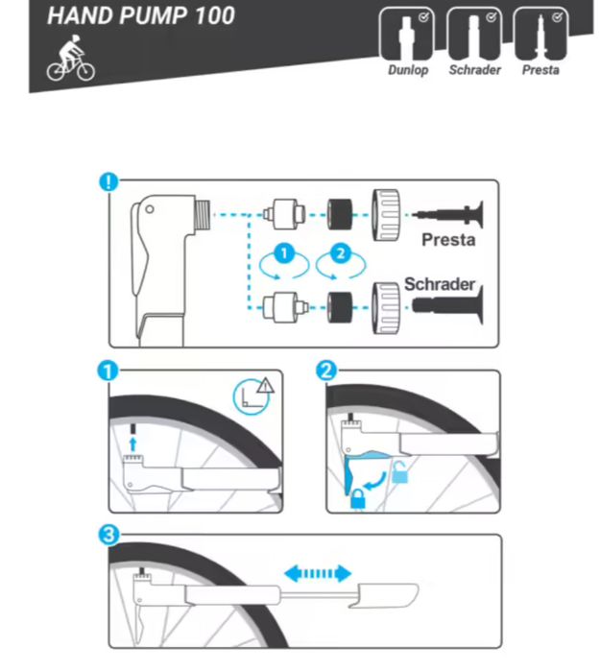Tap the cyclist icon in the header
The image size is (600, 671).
70,60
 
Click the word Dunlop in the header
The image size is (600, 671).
407,71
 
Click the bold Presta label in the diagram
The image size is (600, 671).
447,240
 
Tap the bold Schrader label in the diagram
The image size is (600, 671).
441,285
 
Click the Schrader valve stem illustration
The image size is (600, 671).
451,306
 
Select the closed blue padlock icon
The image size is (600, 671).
357,498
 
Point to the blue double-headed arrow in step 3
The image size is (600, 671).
314,573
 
